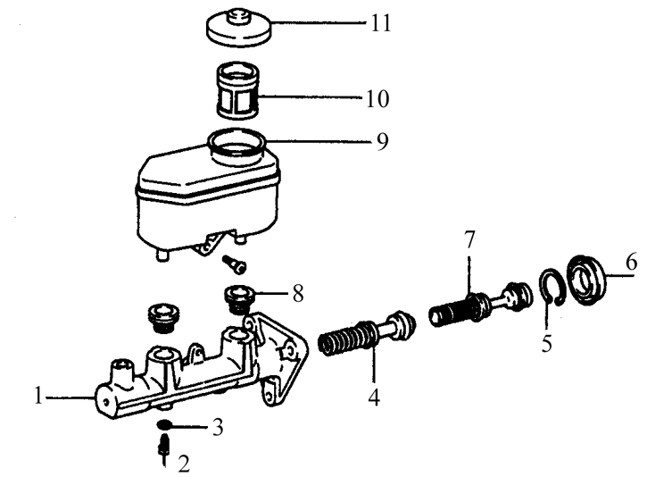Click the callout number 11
pyautogui.click(x=381, y=23)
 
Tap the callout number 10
pyautogui.click(x=377, y=99)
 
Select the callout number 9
pyautogui.click(x=383, y=142)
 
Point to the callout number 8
pyautogui.click(x=298, y=294)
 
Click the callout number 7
pyautogui.click(x=469, y=240)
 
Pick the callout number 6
pyautogui.click(x=631, y=263)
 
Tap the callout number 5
pyautogui.click(x=547, y=343)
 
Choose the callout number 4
pyautogui.click(x=374, y=397)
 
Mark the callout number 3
pyautogui.click(x=218, y=427)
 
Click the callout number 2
pyautogui.click(x=184, y=464)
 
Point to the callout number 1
pyautogui.click(x=38, y=395)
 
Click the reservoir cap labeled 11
pyautogui.click(x=239, y=28)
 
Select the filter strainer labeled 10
pyautogui.click(x=237, y=91)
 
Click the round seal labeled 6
pyautogui.click(x=586, y=280)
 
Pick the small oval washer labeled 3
pyautogui.click(x=164, y=424)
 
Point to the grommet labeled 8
pyautogui.click(x=238, y=299)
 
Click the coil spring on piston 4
pyautogui.click(x=344, y=337)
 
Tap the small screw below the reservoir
pyautogui.click(x=234, y=264)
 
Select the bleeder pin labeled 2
pyautogui.click(x=164, y=448)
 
